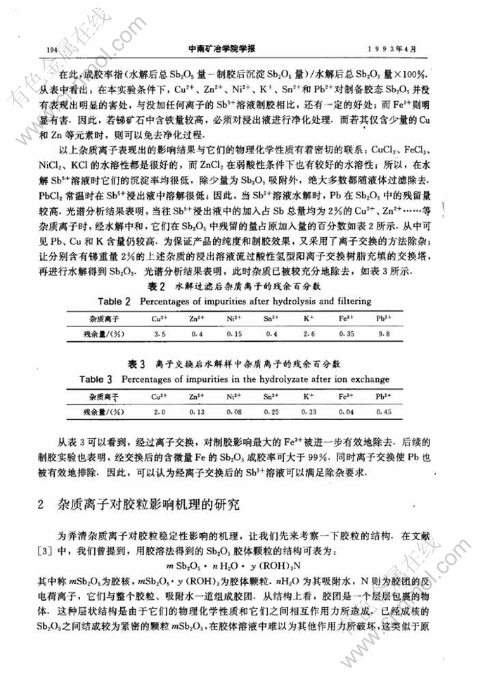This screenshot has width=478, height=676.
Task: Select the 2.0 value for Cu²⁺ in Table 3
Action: click(160, 410)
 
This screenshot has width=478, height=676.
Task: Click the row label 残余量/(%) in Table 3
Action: click(107, 410)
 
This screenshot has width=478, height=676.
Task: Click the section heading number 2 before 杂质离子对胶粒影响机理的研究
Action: click(42, 504)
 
